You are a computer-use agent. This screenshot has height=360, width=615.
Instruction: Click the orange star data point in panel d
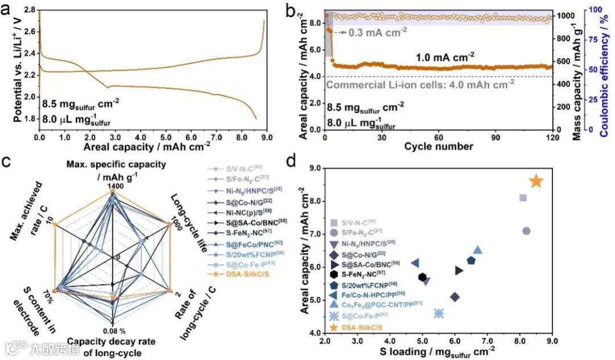coord(536,181)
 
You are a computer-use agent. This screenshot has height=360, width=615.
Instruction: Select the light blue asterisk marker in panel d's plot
coord(438,313)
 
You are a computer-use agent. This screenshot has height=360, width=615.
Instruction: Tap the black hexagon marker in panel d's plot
coord(422,277)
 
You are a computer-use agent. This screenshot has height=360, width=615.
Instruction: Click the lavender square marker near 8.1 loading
coord(523,198)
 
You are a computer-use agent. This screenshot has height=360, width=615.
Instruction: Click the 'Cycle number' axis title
coord(438,146)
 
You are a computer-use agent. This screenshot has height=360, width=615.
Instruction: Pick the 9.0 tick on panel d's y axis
coord(313,169)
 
